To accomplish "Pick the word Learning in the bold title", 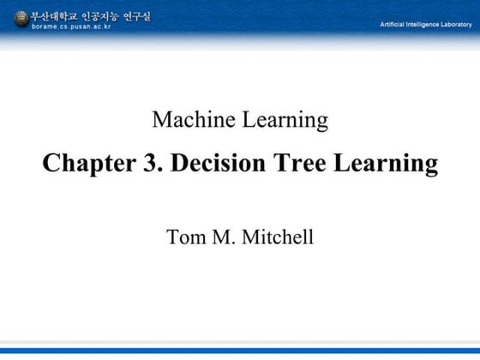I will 387,164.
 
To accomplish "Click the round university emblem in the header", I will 21,19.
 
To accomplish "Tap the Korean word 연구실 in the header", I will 137,15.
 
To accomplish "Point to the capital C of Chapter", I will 51,163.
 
